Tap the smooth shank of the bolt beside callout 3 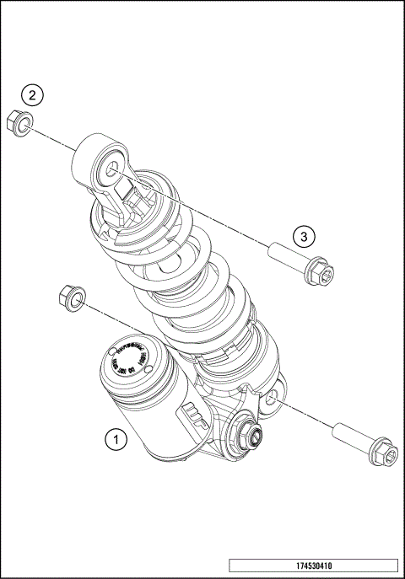[288, 255]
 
